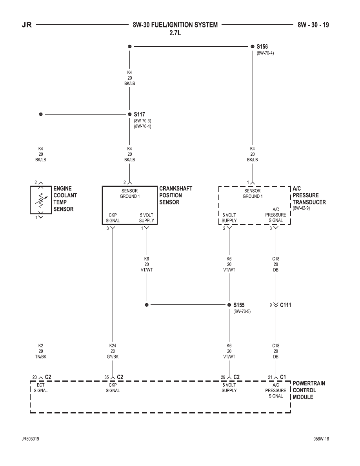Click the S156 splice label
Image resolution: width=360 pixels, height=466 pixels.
point(262,47)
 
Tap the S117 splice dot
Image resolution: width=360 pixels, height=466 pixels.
point(129,114)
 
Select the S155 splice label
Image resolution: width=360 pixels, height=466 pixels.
point(239,305)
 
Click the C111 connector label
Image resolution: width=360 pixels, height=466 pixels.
point(285,305)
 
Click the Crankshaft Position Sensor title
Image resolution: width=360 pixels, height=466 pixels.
point(176,195)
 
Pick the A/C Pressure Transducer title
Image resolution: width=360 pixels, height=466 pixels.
point(309,195)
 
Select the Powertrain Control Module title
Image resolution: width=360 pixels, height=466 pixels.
point(309,390)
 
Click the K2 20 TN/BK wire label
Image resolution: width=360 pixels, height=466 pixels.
point(41,351)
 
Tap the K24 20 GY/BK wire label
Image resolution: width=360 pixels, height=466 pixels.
point(113,351)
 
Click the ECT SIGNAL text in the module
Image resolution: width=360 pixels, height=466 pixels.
point(41,388)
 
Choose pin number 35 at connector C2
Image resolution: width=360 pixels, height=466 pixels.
point(107,377)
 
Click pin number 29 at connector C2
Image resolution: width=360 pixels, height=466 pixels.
point(223,377)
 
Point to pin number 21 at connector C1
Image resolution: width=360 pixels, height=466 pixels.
point(270,377)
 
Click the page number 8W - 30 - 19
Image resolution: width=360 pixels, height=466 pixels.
point(313,25)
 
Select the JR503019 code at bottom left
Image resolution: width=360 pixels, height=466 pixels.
point(30,439)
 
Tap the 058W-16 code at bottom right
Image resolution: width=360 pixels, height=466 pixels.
point(321,439)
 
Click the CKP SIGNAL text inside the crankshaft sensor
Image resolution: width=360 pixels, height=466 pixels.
point(113,218)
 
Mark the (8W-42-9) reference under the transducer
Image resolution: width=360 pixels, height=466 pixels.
point(301,208)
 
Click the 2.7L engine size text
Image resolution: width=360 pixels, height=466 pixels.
point(175,33)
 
